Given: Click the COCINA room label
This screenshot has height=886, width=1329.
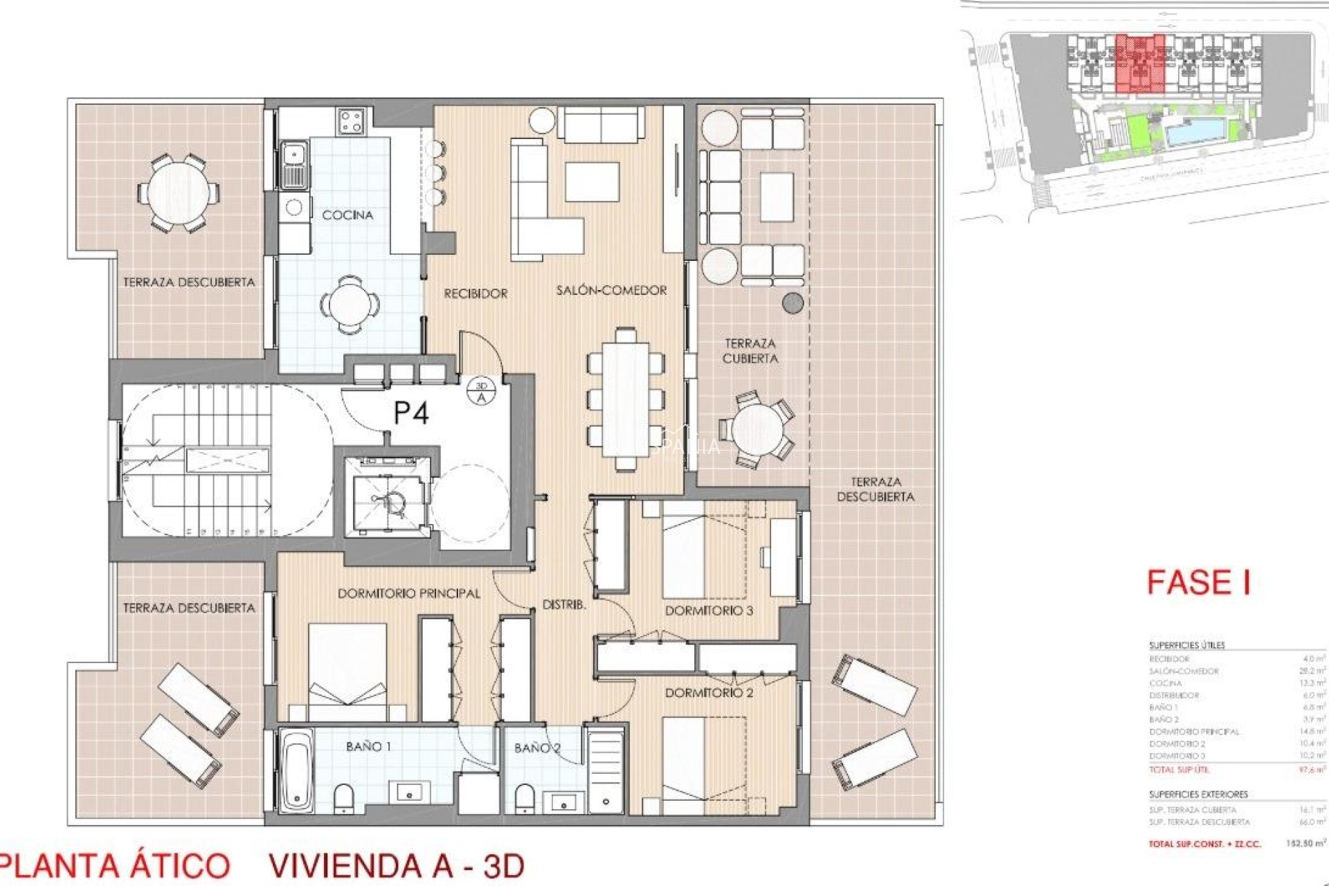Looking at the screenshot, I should click(347, 215).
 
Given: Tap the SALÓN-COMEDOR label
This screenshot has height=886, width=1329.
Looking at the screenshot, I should click(611, 291).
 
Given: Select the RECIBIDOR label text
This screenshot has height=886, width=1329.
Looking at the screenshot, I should click(476, 293).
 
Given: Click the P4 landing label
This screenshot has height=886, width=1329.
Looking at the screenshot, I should click(411, 413).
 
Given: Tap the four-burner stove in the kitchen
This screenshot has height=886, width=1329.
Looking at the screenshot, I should click(351, 123).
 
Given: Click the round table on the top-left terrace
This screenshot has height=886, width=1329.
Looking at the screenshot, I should click(177, 193).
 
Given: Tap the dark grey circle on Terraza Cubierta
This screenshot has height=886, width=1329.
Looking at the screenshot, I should click(793, 302).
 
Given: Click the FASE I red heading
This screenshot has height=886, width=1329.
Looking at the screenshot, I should click(1198, 582).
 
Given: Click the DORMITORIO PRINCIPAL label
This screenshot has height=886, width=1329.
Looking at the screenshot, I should click(408, 594).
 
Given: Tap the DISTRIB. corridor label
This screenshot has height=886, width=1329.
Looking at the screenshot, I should click(564, 605).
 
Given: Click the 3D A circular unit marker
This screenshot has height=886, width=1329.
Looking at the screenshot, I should click(482, 392).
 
